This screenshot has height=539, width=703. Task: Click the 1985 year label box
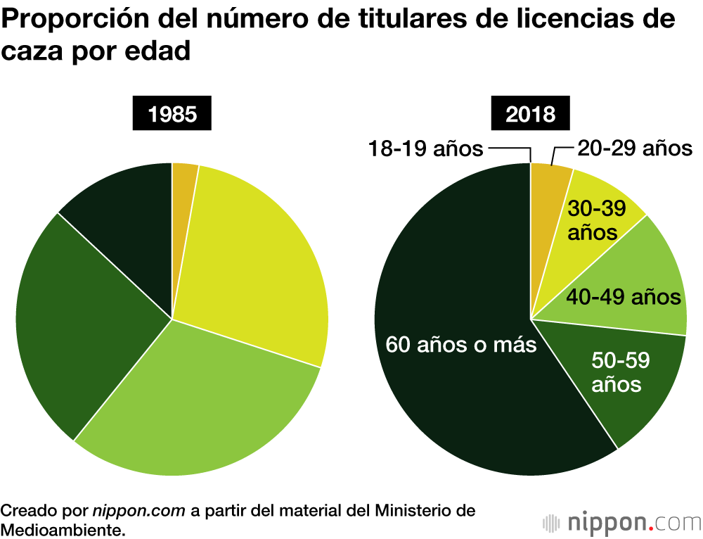pos(172,114)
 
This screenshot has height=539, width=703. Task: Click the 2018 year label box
pos(531,114)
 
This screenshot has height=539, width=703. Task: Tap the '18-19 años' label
pos(426,148)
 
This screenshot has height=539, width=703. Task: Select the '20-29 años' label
pos(635,148)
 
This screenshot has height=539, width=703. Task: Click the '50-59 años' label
pos(618,372)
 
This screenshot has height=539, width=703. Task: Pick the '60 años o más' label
pos(461,345)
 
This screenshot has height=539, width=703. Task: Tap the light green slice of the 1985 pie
pos(204,401)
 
